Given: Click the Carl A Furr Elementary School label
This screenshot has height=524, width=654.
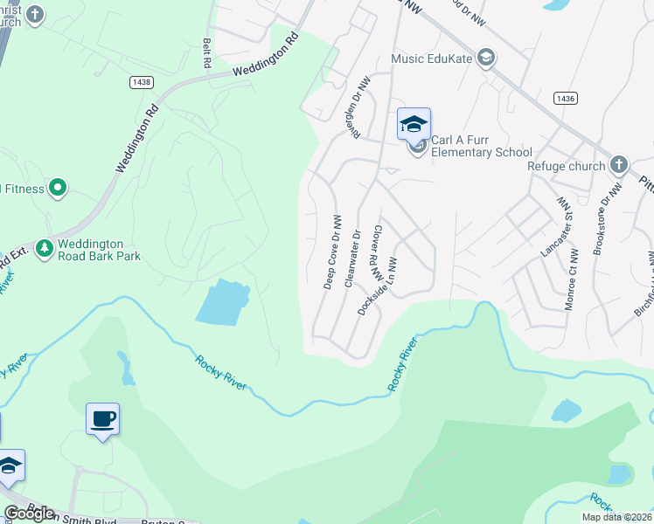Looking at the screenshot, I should pos(482,146).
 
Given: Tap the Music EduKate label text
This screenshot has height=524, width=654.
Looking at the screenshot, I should pos(431,59).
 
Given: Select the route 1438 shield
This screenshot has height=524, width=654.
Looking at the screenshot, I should pos(141,82).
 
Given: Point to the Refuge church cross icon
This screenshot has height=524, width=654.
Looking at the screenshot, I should pos(618,165).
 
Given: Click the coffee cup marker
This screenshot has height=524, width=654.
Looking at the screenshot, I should pos(102,419).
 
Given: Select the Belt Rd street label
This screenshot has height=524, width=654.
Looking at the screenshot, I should pos(207,53).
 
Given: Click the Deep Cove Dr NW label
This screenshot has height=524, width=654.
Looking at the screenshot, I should pos(331,252).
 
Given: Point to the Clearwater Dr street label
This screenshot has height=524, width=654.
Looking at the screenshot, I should pos(352,259).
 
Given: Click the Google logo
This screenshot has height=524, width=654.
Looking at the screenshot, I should pos(29,513).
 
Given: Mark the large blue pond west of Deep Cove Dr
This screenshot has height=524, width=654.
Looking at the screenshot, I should pos(223,302).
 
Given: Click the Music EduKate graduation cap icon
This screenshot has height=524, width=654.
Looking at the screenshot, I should pos(487,59).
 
